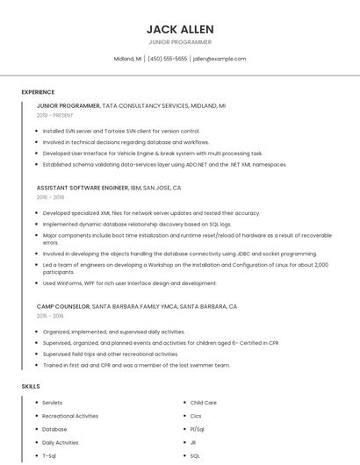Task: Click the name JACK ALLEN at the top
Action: (x=180, y=29)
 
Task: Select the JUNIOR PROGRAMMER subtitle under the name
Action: (x=180, y=42)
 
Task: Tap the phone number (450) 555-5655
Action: (x=168, y=59)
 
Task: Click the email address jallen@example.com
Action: (x=220, y=59)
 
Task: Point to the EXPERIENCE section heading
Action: (x=38, y=92)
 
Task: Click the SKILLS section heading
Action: (x=31, y=386)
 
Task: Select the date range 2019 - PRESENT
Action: (x=54, y=115)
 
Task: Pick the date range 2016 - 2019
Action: (x=51, y=197)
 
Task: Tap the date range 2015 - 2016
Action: (x=50, y=316)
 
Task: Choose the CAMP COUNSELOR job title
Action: (x=63, y=307)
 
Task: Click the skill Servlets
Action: (x=53, y=403)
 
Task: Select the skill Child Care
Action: (x=204, y=403)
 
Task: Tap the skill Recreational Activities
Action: (x=70, y=416)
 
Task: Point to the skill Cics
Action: (x=196, y=416)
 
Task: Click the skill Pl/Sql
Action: (x=198, y=429)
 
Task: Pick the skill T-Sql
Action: (x=49, y=456)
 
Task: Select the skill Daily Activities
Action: (x=61, y=443)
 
